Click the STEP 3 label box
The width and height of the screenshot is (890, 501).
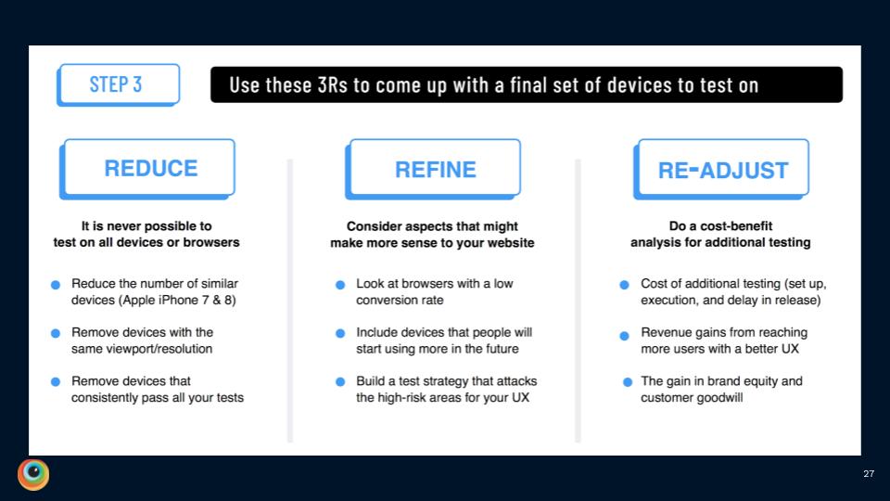pos(117,84)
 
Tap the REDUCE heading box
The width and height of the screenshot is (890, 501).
pos(150,168)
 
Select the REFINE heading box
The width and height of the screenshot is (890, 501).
pos(435,169)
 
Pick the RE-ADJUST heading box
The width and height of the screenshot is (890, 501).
pos(723,169)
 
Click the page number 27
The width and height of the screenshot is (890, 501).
pos(869,474)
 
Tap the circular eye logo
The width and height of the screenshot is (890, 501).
pos(33,473)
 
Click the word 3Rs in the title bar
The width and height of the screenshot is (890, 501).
pos(327,85)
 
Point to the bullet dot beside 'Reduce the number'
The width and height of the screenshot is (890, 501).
pos(56,284)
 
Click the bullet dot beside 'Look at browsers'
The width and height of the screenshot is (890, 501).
pos(340,284)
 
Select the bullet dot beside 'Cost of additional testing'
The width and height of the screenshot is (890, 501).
pos(625,284)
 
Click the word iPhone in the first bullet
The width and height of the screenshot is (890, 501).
pos(182,300)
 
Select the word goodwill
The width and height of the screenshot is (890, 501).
pos(723,398)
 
